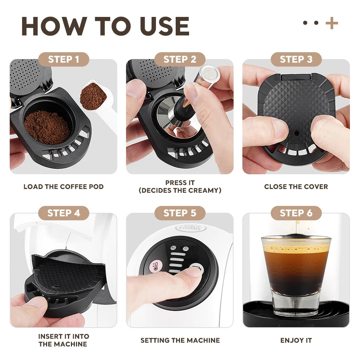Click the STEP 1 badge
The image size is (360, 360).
click(x=63, y=59)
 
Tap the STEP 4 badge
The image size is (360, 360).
click(x=63, y=213)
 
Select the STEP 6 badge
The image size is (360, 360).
click(x=296, y=213)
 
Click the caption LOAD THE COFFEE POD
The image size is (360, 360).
click(x=63, y=186)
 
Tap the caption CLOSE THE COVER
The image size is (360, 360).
click(x=296, y=186)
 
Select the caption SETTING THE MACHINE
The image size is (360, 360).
click(x=180, y=340)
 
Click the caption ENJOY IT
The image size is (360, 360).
click(x=296, y=340)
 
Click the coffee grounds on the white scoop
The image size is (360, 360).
click(x=93, y=96)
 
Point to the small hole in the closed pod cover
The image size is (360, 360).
click(x=296, y=133)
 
